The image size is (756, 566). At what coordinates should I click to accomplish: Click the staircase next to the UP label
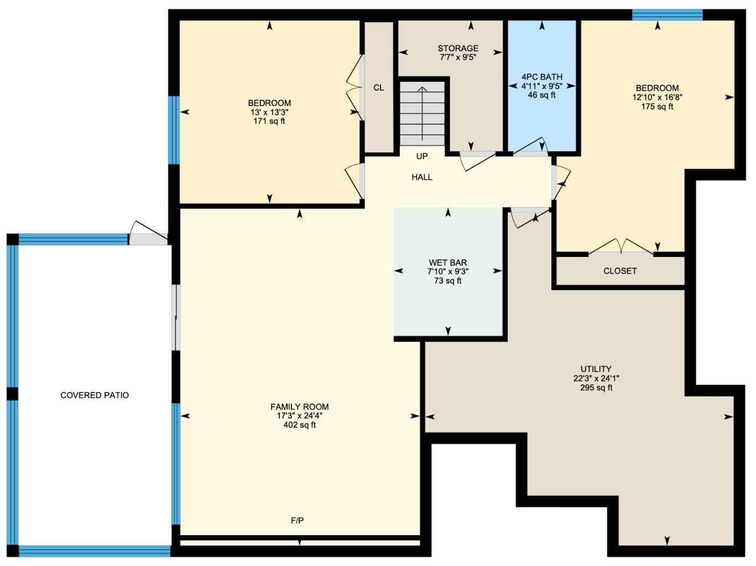(x=422, y=114)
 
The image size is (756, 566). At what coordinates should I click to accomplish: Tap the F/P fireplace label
(x=297, y=520)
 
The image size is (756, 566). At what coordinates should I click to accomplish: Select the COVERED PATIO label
(x=95, y=395)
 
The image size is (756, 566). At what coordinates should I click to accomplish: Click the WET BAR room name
(x=447, y=263)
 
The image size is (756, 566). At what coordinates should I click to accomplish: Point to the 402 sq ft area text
(x=299, y=425)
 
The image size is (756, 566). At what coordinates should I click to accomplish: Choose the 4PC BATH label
(x=541, y=77)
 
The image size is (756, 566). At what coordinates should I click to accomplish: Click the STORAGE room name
(x=458, y=48)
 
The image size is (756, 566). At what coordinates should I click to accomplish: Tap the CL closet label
(x=378, y=88)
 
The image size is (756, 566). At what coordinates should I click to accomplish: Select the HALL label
(x=421, y=177)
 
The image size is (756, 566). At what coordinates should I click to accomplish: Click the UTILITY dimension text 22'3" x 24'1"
(x=596, y=379)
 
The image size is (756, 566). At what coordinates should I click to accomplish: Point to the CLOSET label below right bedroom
(x=619, y=271)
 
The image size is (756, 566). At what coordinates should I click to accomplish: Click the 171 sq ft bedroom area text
(x=269, y=121)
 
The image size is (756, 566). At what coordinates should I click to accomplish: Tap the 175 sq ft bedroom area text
(x=657, y=107)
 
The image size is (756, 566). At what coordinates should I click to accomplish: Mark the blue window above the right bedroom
(x=667, y=15)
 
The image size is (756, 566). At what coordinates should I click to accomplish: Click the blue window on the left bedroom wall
(x=174, y=130)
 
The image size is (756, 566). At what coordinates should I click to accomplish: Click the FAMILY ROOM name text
(x=299, y=407)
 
